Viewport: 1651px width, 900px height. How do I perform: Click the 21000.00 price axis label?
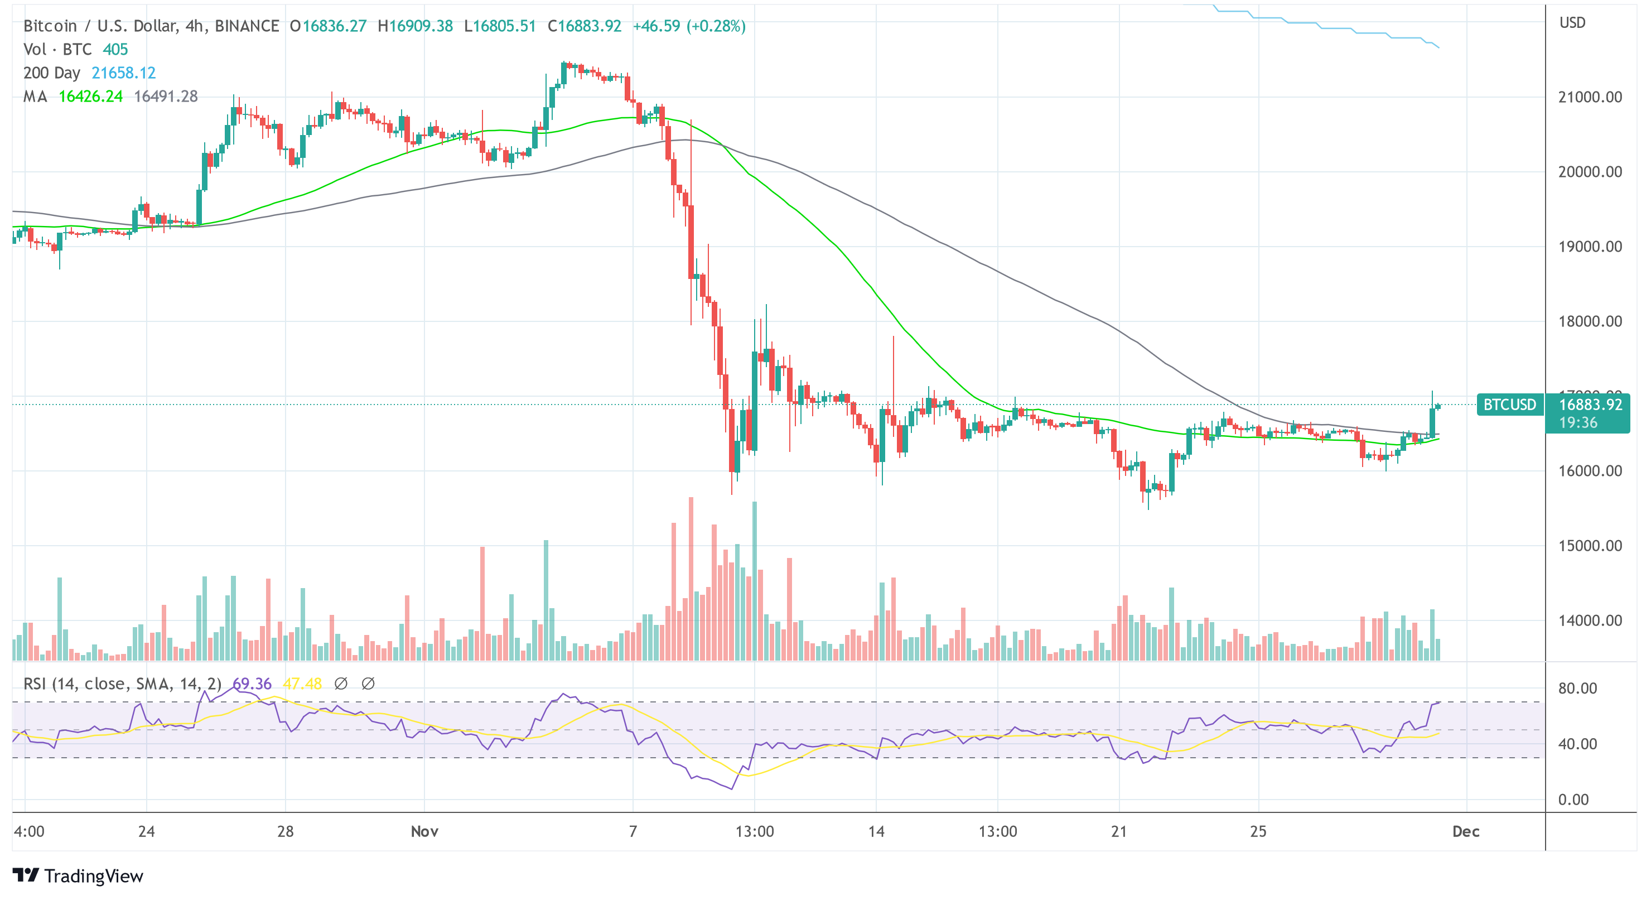1590,98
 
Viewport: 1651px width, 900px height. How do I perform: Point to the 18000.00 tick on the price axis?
1590,322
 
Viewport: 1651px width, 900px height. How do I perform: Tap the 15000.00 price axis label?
1590,546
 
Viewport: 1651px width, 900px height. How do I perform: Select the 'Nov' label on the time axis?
424,831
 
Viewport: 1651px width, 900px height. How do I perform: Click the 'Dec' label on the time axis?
1466,831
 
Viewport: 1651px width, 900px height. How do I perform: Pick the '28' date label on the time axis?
285,831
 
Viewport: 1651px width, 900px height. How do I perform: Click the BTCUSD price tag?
1509,405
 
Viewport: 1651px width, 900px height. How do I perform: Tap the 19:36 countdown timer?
1578,423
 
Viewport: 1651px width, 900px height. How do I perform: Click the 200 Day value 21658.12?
124,73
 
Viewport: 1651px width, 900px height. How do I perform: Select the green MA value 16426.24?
90,97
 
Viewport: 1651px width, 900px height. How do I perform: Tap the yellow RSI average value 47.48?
302,684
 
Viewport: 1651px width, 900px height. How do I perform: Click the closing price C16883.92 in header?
585,26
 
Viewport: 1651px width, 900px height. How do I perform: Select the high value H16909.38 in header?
416,26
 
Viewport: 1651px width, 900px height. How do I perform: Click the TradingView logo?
78,875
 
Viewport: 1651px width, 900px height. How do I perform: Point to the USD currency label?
1572,23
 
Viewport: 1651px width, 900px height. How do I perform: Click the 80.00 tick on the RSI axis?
1577,689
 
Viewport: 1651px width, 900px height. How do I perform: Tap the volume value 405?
115,49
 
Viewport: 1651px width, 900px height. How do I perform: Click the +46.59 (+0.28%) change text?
689,26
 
